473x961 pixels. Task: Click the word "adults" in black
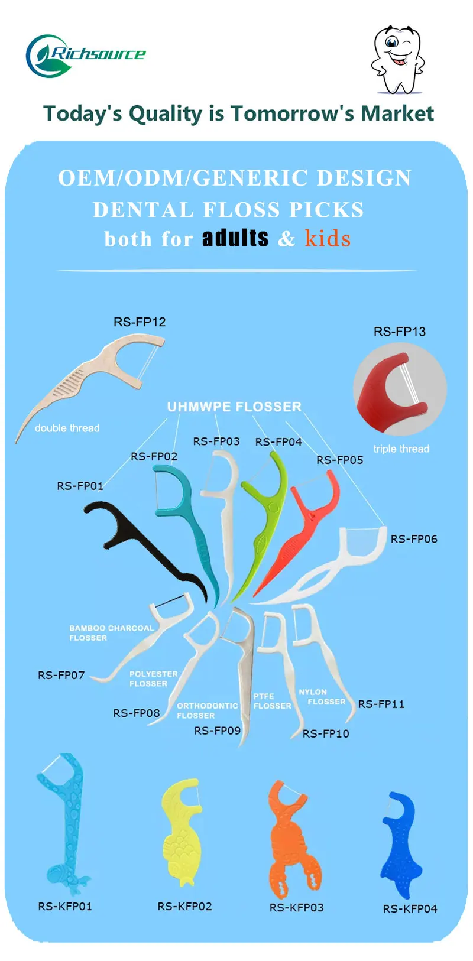(235, 238)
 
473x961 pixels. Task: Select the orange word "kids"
(328, 239)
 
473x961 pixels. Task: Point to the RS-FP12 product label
(140, 322)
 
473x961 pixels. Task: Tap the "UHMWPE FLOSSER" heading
(234, 407)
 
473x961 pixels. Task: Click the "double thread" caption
(67, 428)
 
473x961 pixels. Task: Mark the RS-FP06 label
(414, 539)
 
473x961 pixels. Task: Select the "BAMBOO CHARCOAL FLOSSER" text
(111, 633)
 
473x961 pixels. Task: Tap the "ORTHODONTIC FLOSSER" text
(207, 710)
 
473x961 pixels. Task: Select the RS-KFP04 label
(410, 909)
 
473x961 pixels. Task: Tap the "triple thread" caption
(401, 449)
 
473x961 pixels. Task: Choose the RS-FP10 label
(326, 733)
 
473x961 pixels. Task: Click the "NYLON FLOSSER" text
(322, 697)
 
